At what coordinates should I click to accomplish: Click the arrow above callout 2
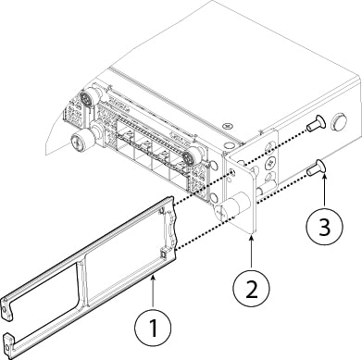pos(252,244)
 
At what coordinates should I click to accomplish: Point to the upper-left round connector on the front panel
pos(91,98)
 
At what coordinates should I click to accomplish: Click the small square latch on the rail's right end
pos(164,249)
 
